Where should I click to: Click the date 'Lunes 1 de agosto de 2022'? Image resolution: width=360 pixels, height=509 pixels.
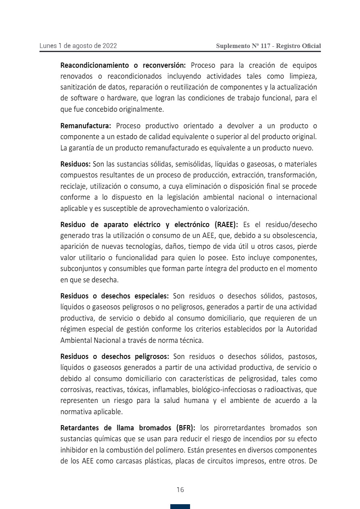pos(78,46)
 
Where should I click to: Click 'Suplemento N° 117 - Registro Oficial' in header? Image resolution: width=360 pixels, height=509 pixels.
pos(268,46)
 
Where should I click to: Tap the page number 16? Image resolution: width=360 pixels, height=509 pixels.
pos(180,490)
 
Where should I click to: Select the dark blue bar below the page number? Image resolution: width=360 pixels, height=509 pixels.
pos(180,506)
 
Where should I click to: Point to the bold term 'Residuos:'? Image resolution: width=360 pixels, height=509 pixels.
pos(75,164)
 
